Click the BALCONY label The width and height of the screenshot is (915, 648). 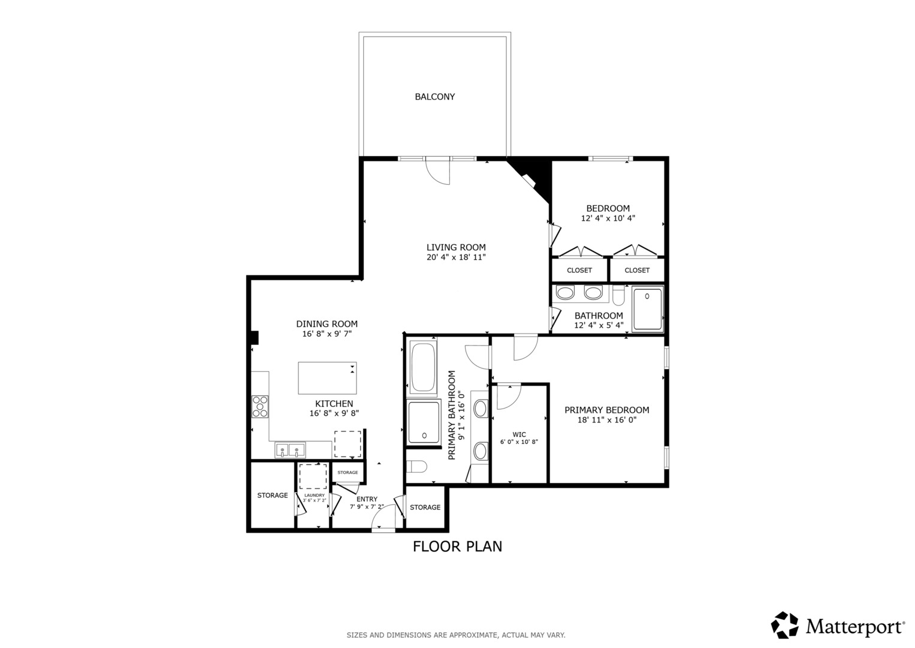[434, 97]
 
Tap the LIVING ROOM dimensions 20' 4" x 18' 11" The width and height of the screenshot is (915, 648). [456, 257]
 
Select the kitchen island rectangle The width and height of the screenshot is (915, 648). [327, 378]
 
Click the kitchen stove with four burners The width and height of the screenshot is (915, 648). [260, 406]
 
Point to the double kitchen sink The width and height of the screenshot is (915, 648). [290, 450]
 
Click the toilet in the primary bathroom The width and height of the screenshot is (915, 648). [416, 466]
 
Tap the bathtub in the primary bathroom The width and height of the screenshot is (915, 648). [424, 368]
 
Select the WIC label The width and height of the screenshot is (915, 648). [519, 434]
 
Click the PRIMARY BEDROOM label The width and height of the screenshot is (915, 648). [606, 410]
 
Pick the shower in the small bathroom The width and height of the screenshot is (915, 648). [647, 309]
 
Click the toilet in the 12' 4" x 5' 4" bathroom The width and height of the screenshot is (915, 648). [618, 295]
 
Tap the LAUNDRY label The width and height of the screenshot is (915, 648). [314, 496]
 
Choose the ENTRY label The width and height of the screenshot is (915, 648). [367, 499]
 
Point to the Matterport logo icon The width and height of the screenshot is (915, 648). [784, 625]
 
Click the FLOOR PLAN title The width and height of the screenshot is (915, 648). [457, 547]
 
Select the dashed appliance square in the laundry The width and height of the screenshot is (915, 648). [313, 476]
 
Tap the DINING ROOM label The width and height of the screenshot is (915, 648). [327, 324]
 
